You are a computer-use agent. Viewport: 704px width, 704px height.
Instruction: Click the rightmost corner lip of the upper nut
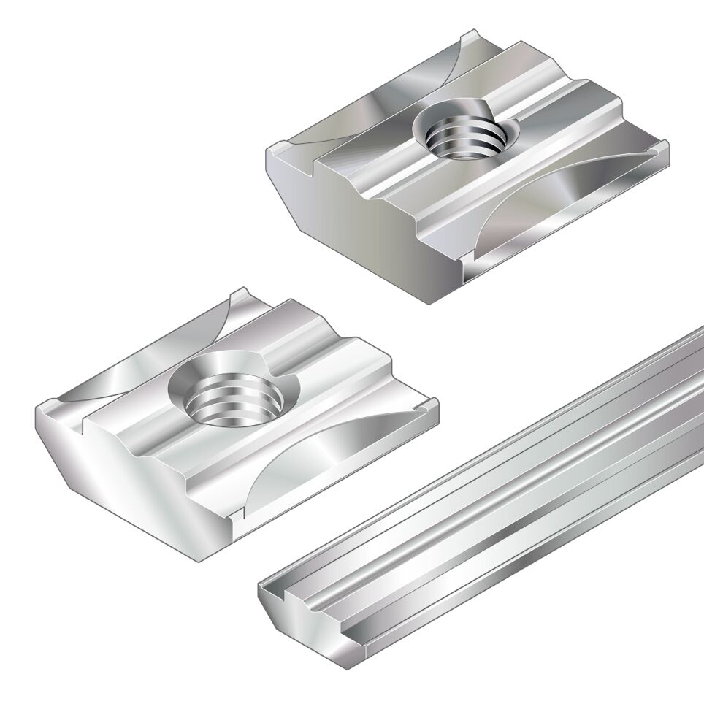(x=661, y=150)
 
